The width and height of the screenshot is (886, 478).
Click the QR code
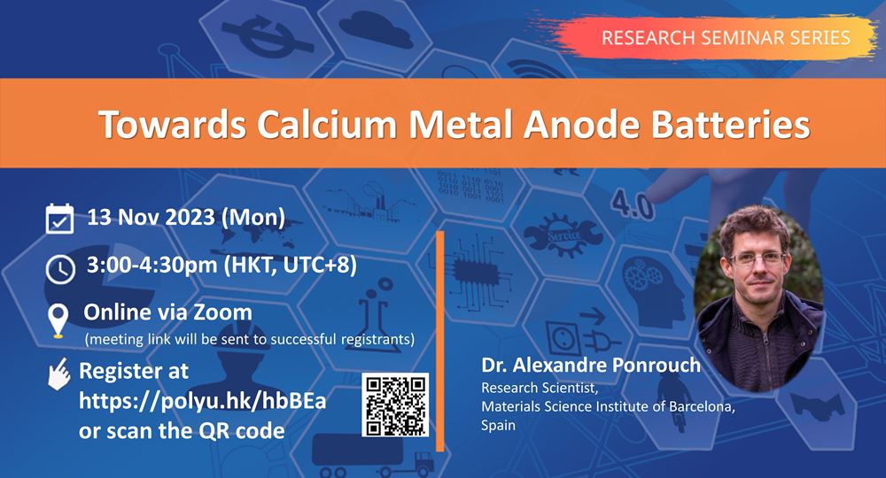click(x=395, y=405)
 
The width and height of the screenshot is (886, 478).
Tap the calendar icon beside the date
click(x=59, y=219)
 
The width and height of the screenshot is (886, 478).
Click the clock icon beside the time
click(x=60, y=268)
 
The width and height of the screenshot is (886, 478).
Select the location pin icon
click(x=58, y=320)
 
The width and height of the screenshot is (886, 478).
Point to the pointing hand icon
click(x=58, y=374)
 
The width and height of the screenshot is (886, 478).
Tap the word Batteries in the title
click(x=731, y=124)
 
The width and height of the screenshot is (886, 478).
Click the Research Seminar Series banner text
click(x=726, y=38)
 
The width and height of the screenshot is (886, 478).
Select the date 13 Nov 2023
click(x=151, y=217)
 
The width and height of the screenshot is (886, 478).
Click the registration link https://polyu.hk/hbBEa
click(x=202, y=401)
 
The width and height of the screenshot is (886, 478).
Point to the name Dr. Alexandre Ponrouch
click(x=590, y=365)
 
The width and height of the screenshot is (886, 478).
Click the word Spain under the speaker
click(x=498, y=425)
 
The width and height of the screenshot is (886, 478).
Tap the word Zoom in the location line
click(x=222, y=312)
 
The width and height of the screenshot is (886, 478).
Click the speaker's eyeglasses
click(x=758, y=259)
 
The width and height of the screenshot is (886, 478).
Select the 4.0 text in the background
click(x=633, y=205)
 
